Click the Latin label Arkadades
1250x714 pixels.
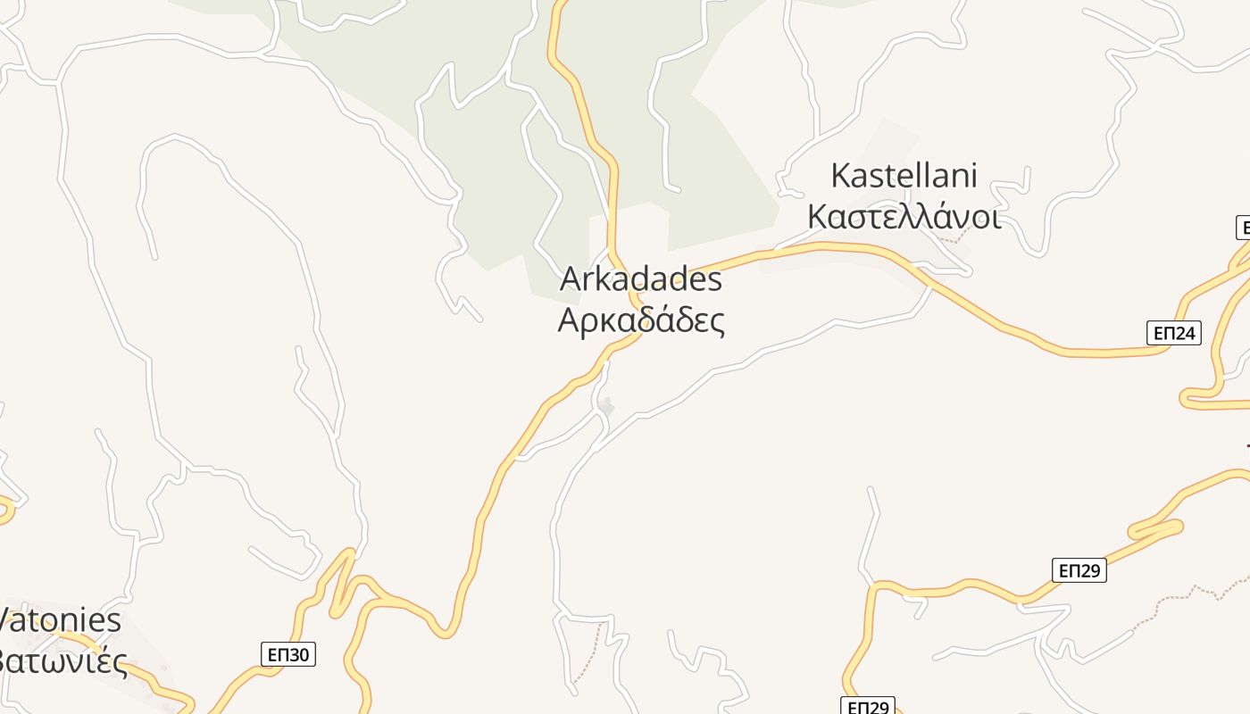[640, 279]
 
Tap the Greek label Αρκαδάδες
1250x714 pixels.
[640, 320]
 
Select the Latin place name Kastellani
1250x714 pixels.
[904, 176]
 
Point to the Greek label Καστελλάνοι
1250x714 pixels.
[904, 217]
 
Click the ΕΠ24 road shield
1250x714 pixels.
[1173, 333]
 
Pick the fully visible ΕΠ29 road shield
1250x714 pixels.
[1079, 569]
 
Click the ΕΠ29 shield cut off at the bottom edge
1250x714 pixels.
[868, 706]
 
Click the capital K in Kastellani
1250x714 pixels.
[840, 176]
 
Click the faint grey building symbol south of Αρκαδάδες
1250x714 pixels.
[606, 407]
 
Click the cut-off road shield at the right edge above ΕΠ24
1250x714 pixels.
[1242, 228]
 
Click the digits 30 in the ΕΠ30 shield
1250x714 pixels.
[298, 654]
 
